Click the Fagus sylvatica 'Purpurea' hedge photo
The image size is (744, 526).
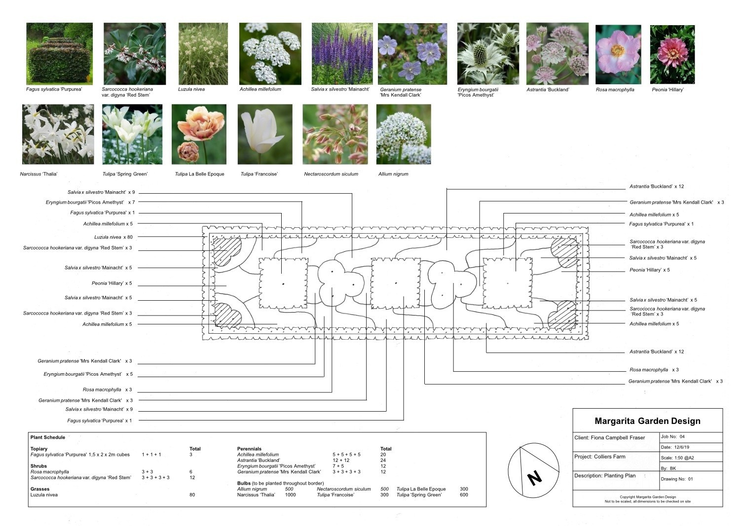tap(59, 54)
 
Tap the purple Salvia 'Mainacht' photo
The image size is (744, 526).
tap(342, 54)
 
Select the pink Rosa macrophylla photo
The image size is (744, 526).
tap(618, 54)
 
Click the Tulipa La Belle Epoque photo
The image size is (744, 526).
tap(199, 134)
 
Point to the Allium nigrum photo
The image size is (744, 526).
tap(403, 134)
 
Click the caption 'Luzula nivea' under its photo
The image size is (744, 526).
tap(191, 90)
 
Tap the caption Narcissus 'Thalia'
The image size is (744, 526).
tap(38, 174)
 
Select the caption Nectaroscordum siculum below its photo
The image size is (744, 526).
tap(331, 174)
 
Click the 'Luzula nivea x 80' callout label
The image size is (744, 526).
tap(113, 237)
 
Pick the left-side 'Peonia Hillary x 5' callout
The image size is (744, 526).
tap(112, 283)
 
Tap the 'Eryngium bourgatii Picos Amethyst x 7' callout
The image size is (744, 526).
tap(90, 202)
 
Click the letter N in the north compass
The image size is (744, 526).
tap(534, 477)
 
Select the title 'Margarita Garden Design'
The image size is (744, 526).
tap(647, 421)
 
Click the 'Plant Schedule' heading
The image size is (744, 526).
tap(47, 437)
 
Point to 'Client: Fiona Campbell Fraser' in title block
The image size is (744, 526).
tap(609, 438)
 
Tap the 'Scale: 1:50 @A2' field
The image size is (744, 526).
tap(677, 458)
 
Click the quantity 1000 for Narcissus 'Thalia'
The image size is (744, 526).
tap(290, 495)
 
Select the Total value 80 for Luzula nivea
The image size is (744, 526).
tap(192, 495)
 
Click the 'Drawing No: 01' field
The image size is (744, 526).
tap(676, 479)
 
